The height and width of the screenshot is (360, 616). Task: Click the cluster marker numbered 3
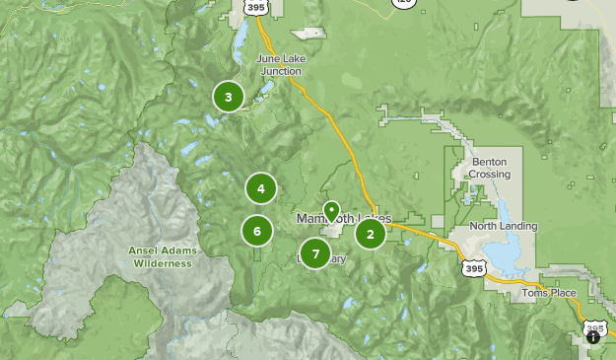pyautogui.click(x=229, y=97)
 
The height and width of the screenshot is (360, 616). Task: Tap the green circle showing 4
pyautogui.click(x=261, y=188)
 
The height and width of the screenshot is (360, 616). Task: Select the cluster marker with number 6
pyautogui.click(x=256, y=232)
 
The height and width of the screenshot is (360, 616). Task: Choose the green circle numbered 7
pyautogui.click(x=315, y=253)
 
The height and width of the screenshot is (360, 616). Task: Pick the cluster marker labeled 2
pyautogui.click(x=371, y=234)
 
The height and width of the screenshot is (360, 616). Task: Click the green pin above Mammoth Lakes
pyautogui.click(x=332, y=211)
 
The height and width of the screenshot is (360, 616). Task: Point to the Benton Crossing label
pyautogui.click(x=491, y=168)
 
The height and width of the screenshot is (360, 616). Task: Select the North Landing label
pyautogui.click(x=504, y=226)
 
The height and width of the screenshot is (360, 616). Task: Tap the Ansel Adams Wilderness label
pyautogui.click(x=163, y=256)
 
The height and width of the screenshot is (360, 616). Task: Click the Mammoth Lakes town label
pyautogui.click(x=344, y=218)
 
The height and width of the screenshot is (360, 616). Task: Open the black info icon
pyautogui.click(x=593, y=337)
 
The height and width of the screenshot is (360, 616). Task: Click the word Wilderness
pyautogui.click(x=163, y=263)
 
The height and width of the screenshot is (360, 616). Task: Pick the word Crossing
pyautogui.click(x=491, y=175)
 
